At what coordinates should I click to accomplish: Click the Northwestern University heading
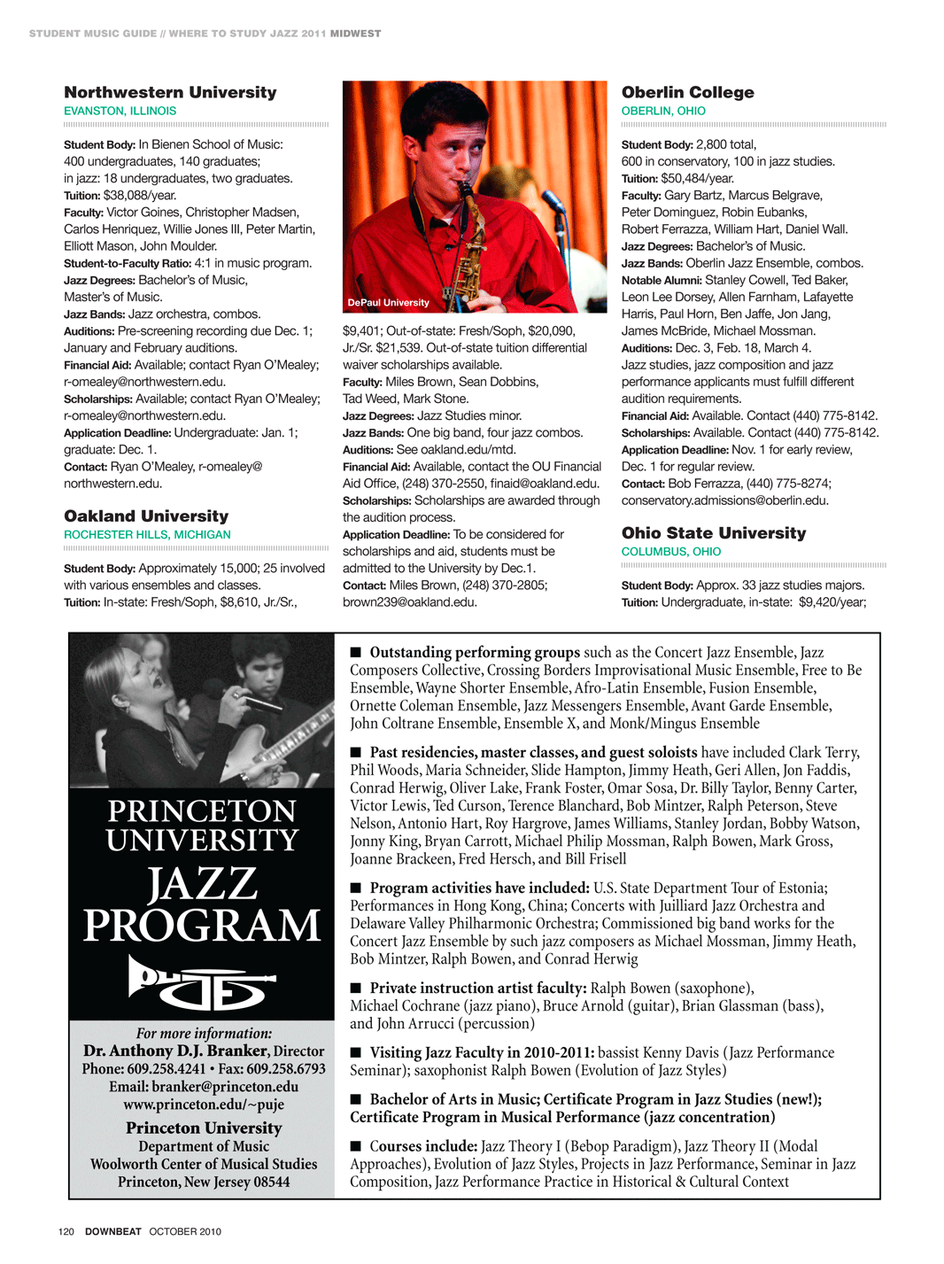[170, 92]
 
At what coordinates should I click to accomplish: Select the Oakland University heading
[146, 516]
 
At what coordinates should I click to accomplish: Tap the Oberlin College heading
[688, 92]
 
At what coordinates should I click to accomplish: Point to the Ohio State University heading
[714, 532]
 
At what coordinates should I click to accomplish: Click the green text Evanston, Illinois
[120, 111]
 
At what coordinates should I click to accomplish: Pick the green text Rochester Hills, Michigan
[147, 534]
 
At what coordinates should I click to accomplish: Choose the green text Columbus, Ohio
[671, 551]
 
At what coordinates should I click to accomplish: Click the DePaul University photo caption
[388, 303]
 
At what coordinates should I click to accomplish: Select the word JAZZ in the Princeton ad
[203, 884]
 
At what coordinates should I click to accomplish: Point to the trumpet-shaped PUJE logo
[202, 981]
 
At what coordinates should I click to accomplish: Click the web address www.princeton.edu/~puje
[204, 1105]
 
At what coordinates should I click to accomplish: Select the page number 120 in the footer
[66, 1231]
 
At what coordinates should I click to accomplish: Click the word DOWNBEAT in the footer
[113, 1231]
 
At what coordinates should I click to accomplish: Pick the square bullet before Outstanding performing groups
[356, 653]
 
